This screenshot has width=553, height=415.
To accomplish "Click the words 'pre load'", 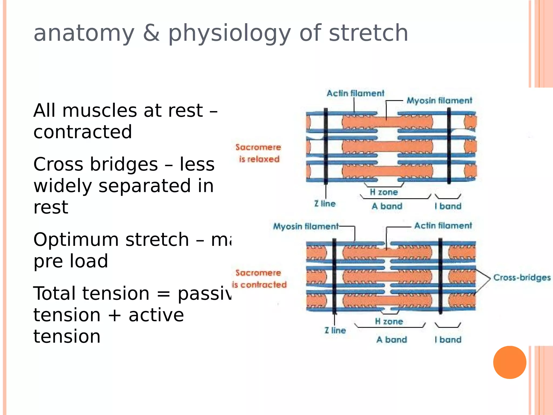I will pos(71,261).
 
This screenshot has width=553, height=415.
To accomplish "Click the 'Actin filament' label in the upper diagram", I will pos(355,93).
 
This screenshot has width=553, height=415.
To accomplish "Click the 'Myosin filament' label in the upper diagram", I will pos(439,101).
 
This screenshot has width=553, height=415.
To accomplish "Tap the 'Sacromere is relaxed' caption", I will pos(258,153).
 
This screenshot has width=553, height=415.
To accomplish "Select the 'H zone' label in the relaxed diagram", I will pos(384,192).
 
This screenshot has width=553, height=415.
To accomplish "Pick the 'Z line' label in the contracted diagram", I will pos(335,330).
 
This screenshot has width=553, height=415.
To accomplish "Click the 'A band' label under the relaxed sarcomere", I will pos(387,206).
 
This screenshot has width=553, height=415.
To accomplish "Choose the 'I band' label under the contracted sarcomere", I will pos(448,340).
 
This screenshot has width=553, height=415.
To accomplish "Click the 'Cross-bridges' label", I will pos(522,277).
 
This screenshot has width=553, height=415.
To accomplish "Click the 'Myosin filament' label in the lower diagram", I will pos(306,226).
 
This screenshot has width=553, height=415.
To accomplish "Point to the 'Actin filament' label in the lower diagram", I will pos(443,226).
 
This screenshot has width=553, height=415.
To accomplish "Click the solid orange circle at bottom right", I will pos(510,362).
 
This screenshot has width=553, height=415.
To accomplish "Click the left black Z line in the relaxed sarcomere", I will pos(326,146).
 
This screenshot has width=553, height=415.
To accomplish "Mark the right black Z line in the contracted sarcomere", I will pos(440,276).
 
